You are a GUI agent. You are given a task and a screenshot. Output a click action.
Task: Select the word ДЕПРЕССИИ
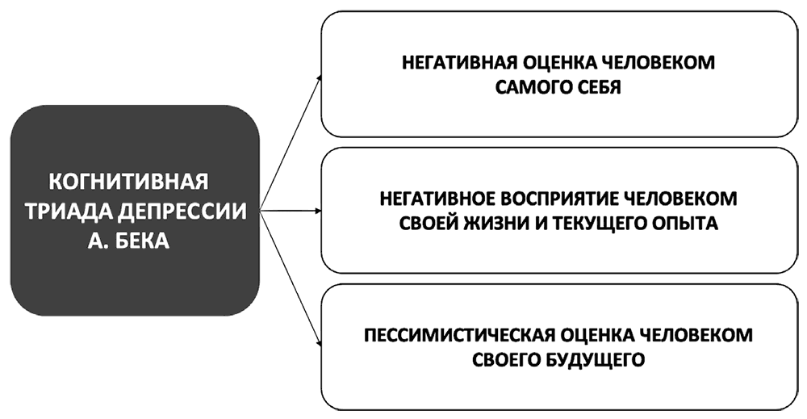coord(181,209)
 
